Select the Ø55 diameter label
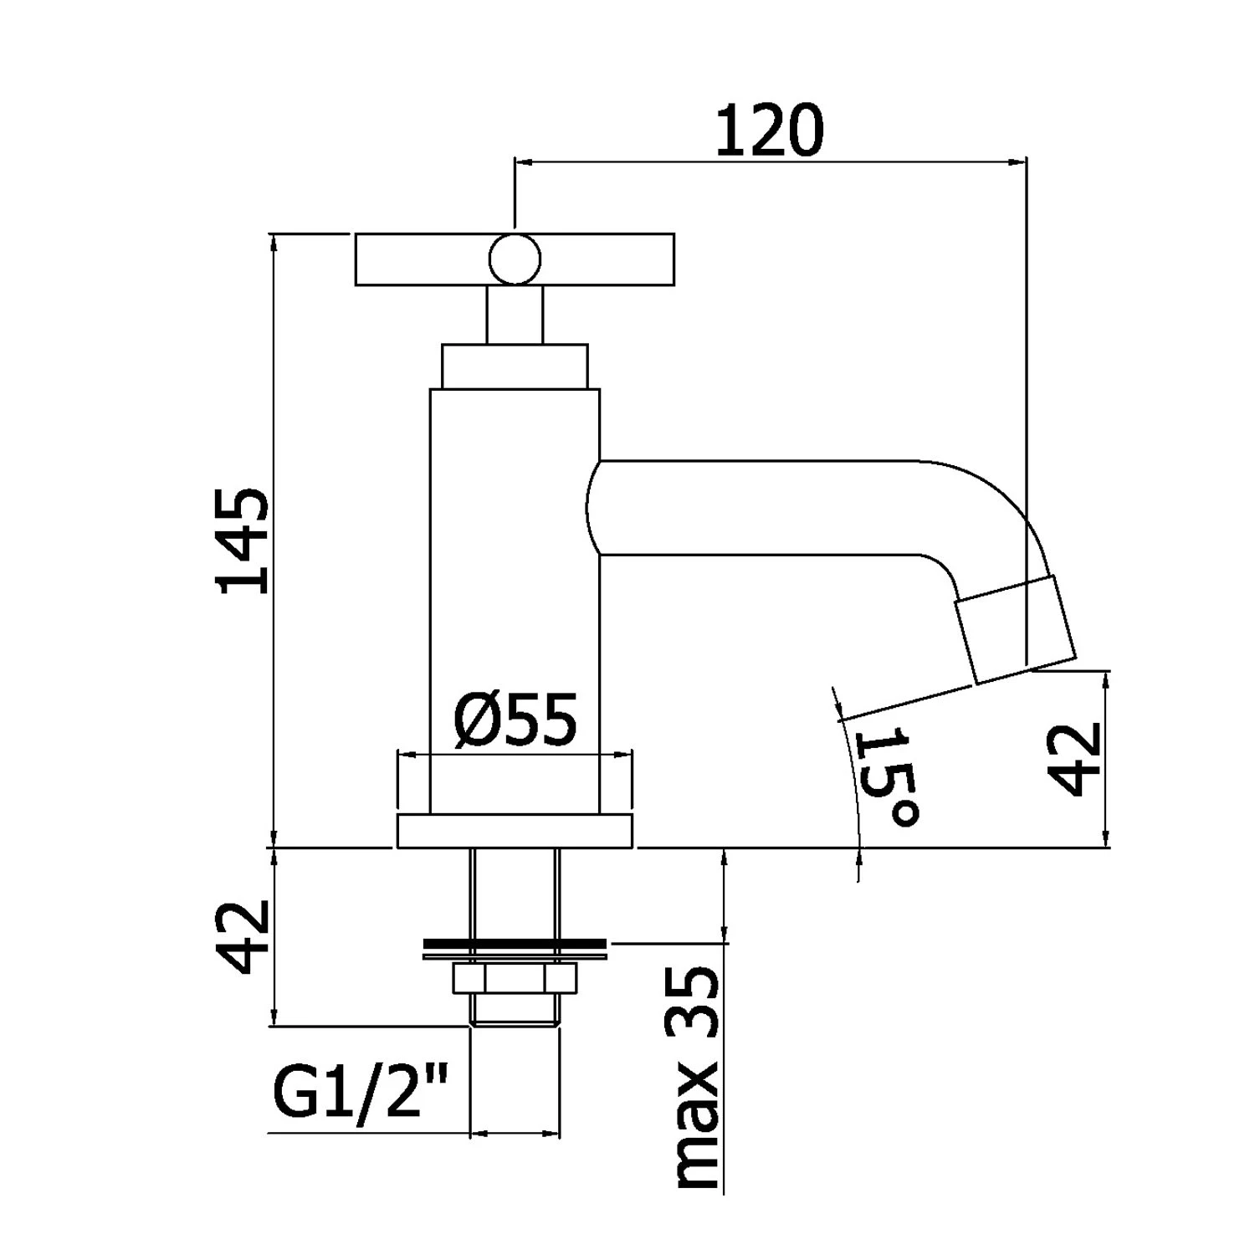click(x=515, y=720)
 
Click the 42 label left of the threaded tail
click(x=243, y=937)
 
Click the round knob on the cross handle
click(x=515, y=259)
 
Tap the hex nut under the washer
click(x=514, y=979)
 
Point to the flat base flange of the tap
click(x=515, y=831)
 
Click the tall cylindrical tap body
click(x=515, y=602)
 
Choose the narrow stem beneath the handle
click(x=515, y=315)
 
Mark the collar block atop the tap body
click(x=515, y=366)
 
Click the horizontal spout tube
click(x=753, y=507)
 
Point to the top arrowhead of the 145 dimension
click(x=274, y=242)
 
